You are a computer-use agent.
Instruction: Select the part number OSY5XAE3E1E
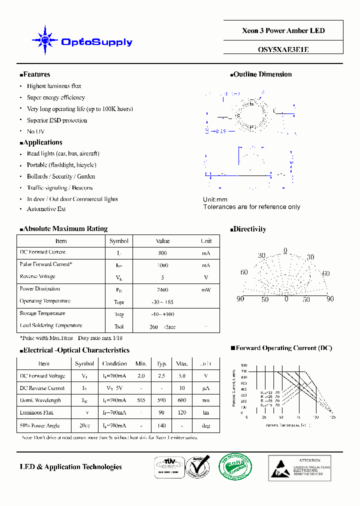click(283, 49)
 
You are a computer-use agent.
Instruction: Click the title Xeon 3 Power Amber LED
click(283, 30)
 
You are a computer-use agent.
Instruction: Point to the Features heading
click(36, 74)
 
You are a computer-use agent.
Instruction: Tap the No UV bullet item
click(35, 131)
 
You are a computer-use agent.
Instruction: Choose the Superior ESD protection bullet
click(56, 120)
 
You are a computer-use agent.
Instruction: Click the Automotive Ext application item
click(46, 209)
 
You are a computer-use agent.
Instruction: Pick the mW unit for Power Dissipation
click(206, 289)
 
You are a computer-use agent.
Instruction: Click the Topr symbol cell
click(118, 302)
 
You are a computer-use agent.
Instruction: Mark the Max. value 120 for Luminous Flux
click(182, 413)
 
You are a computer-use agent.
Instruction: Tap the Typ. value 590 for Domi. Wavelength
click(161, 400)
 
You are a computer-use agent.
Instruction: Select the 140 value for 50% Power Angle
click(161, 425)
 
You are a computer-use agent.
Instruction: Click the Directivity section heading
click(249, 229)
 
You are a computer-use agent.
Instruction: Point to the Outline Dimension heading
click(262, 74)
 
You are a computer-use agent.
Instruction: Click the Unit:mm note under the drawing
click(215, 199)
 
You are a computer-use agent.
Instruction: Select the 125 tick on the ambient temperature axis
click(332, 416)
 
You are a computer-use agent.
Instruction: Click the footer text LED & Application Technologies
click(70, 466)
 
